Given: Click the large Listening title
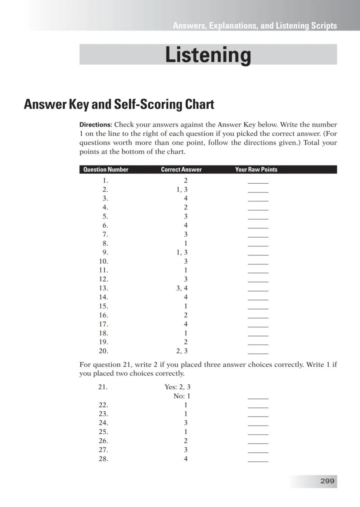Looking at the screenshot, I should [x=208, y=55].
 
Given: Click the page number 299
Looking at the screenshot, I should [x=327, y=481].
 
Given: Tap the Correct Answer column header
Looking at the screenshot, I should [x=181, y=170].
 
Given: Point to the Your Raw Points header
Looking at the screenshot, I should [x=256, y=170].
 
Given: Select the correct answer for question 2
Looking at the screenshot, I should [x=182, y=189].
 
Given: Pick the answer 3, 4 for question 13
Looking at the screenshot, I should [x=182, y=288].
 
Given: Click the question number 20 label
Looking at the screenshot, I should [x=103, y=351].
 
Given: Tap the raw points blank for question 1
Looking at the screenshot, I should [x=258, y=182].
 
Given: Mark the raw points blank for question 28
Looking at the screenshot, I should [x=258, y=460].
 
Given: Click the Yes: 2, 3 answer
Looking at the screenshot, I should [x=177, y=387].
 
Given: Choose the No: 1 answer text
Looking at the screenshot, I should [x=182, y=396].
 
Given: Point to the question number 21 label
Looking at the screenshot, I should [x=103, y=387].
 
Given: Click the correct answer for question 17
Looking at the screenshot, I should [x=186, y=324].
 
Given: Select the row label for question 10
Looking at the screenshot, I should [x=103, y=261].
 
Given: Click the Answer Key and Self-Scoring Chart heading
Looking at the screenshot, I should [x=119, y=104].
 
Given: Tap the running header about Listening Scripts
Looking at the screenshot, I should [x=254, y=26].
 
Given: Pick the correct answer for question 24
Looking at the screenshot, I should [x=186, y=423].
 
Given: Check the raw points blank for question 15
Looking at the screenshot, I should [x=258, y=308].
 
